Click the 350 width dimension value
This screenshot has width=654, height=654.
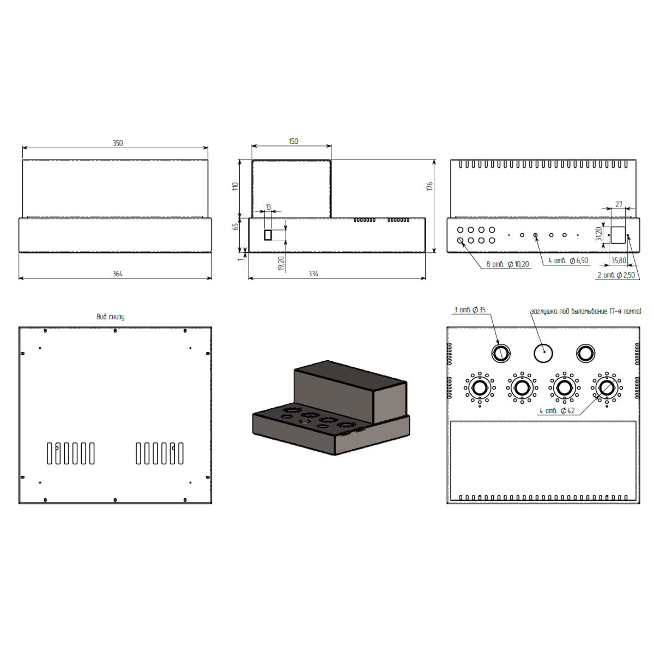pos(117,143)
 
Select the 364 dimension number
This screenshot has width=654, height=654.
pos(117,274)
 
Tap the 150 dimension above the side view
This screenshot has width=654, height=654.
pos(293,141)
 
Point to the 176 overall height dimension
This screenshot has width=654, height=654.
pos(429,186)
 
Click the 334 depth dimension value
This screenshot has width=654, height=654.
pos(313,274)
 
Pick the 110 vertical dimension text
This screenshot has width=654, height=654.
pos(235,186)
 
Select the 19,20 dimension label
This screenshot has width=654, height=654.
pos(281,263)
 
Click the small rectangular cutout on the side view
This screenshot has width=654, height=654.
pos(268,235)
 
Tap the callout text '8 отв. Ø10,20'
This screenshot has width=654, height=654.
pos(507,264)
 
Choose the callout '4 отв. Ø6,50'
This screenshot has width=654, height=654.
pos(568,261)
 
